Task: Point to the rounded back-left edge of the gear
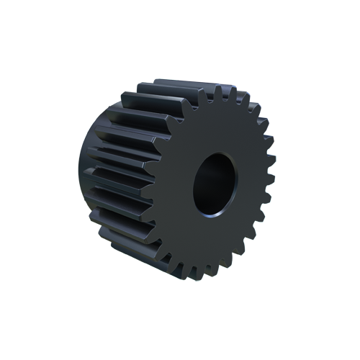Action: click(x=85, y=180)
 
